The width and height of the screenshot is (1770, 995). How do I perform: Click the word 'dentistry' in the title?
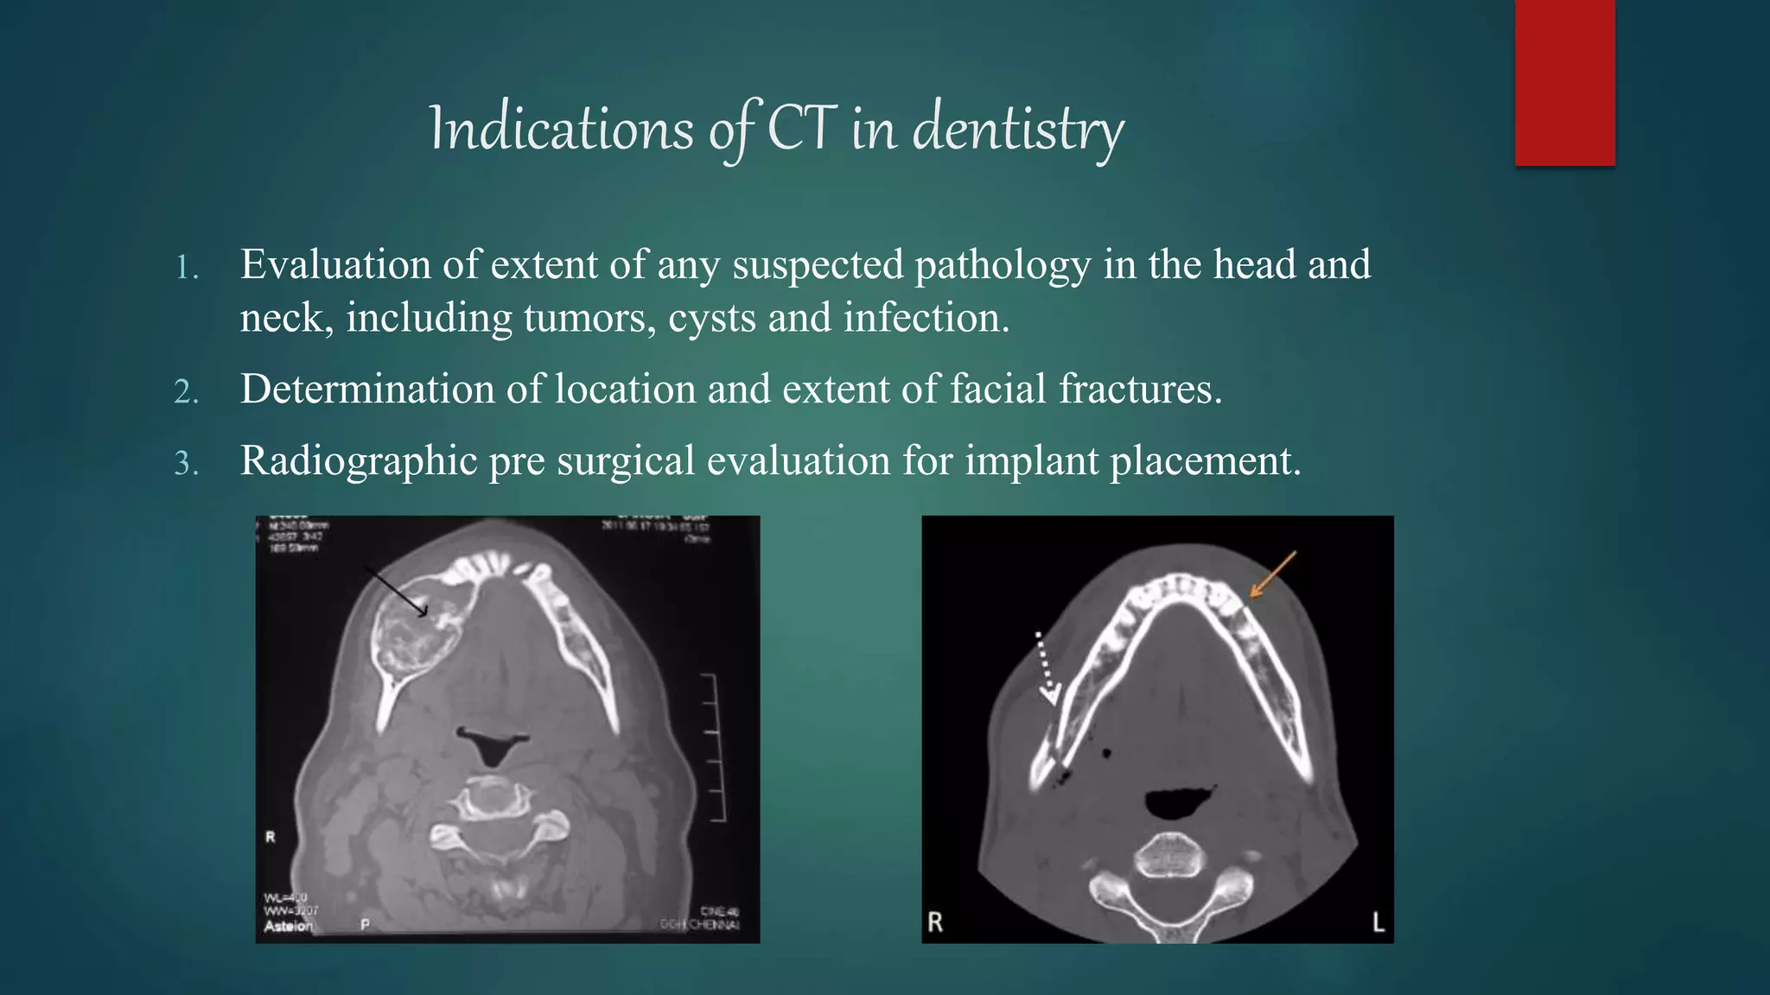tap(1018, 130)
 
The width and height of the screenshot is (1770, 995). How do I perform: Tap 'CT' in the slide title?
tap(801, 130)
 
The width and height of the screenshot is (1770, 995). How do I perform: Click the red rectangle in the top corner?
tap(1564, 83)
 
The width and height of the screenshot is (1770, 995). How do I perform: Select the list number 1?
tap(186, 268)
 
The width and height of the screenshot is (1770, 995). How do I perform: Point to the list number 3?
tap(186, 465)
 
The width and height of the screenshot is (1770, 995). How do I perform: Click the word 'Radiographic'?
tap(359, 460)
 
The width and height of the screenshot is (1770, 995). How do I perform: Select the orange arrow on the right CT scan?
tap(1273, 574)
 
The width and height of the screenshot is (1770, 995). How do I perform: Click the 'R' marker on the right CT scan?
tap(935, 922)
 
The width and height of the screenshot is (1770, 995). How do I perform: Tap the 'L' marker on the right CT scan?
tap(1378, 922)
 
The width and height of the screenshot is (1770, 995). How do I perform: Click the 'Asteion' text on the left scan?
tap(289, 926)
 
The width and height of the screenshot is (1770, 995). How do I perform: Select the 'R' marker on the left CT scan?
tap(271, 837)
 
